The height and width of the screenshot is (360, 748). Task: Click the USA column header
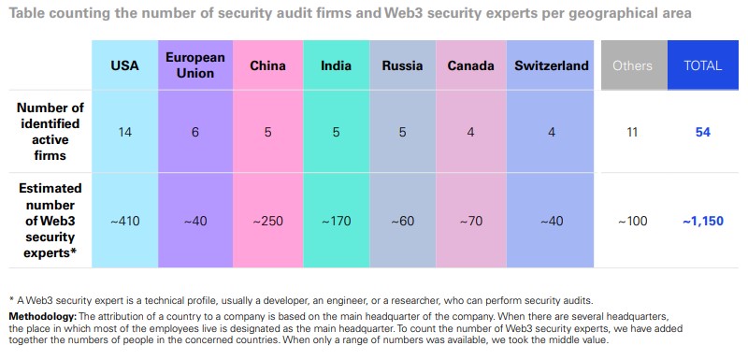click(x=124, y=65)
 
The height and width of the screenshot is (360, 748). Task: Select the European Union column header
click(x=195, y=65)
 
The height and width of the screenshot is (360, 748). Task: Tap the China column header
click(x=267, y=65)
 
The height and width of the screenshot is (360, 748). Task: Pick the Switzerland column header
click(x=552, y=65)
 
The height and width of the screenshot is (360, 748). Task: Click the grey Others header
click(x=632, y=65)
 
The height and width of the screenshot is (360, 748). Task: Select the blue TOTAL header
click(x=703, y=65)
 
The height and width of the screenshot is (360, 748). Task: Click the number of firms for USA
click(x=124, y=132)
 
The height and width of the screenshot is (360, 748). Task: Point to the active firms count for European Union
click(x=195, y=132)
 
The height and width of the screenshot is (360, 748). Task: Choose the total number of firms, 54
click(x=703, y=132)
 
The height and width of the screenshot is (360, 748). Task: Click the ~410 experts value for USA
click(x=124, y=221)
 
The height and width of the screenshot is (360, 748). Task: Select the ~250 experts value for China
click(x=267, y=221)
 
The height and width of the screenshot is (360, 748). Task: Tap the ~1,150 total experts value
click(x=703, y=221)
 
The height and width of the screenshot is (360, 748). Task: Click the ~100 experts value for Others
click(x=632, y=221)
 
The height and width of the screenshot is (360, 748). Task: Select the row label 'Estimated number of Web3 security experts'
click(x=50, y=221)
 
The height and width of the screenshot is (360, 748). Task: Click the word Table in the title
click(x=27, y=14)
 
